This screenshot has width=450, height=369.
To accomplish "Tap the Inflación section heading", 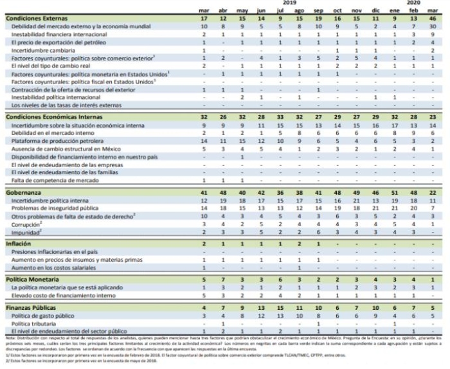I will (x=18, y=244).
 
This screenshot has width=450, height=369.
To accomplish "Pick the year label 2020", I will (x=413, y=4).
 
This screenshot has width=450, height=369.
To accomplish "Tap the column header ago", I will (x=298, y=11).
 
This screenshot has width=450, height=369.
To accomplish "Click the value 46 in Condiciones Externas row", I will (x=433, y=19).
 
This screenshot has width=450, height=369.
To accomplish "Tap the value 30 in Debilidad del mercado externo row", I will (x=433, y=26).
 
